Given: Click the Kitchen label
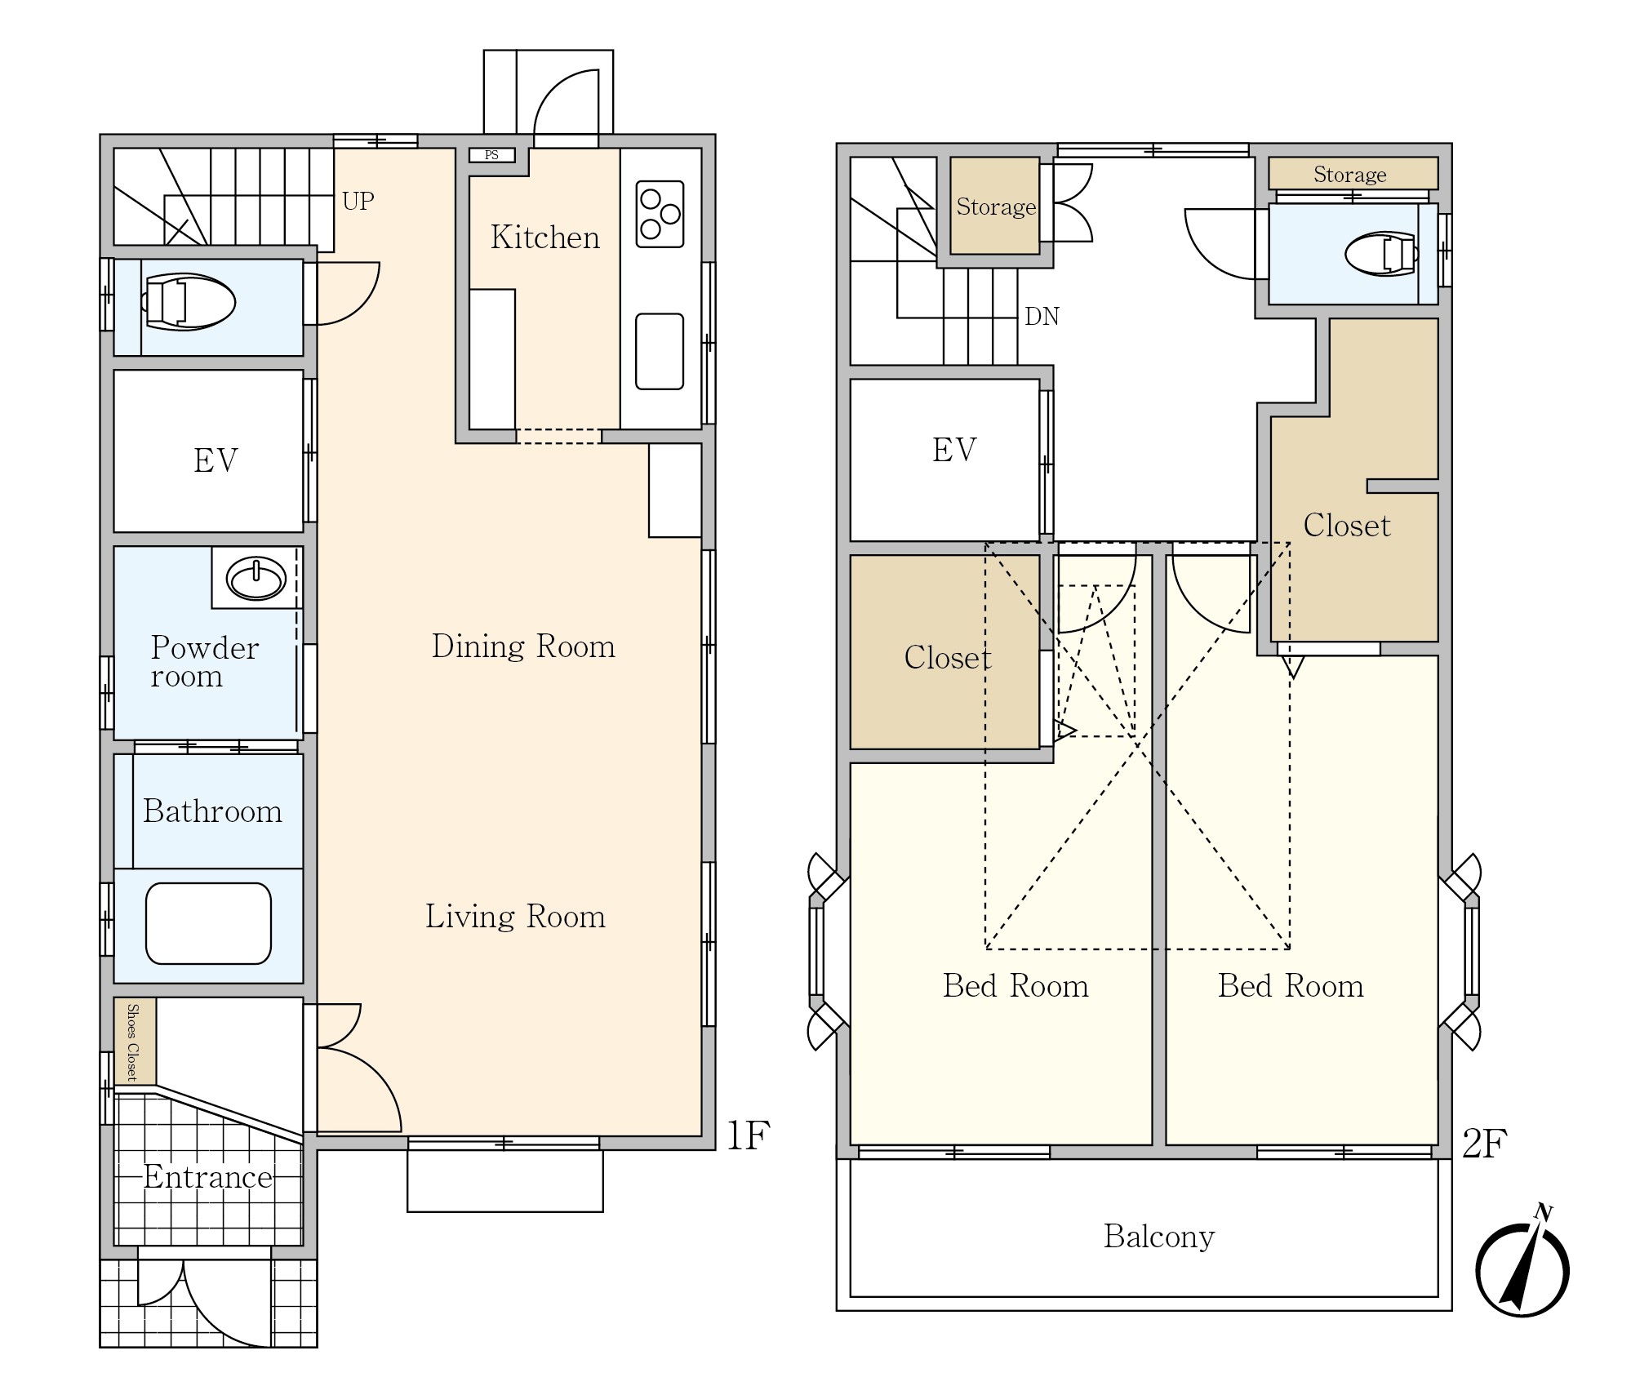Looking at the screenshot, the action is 545,238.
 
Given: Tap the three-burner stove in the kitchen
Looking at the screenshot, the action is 660,214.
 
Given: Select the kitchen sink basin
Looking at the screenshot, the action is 660,351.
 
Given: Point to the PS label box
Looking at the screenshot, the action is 491,155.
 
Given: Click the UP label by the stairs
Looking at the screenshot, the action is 358,201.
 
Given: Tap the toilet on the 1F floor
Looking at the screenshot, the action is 189,302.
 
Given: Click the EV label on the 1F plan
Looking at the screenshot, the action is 216,460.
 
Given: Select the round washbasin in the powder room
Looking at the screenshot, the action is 256,580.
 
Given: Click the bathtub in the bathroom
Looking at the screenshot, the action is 208,923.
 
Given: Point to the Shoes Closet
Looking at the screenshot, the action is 135,1042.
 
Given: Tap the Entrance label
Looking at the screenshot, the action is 208,1177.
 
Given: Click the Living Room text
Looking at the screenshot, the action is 515,917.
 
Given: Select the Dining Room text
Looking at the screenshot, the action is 523,646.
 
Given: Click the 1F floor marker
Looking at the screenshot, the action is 749,1135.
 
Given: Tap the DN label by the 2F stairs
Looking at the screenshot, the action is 1042,317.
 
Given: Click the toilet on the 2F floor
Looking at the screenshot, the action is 1381,254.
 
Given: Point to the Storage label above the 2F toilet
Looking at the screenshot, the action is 1350,175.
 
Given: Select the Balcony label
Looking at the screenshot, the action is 1159,1237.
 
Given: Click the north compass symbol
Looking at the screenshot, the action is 1522,1268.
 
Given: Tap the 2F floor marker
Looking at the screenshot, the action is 1484,1144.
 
